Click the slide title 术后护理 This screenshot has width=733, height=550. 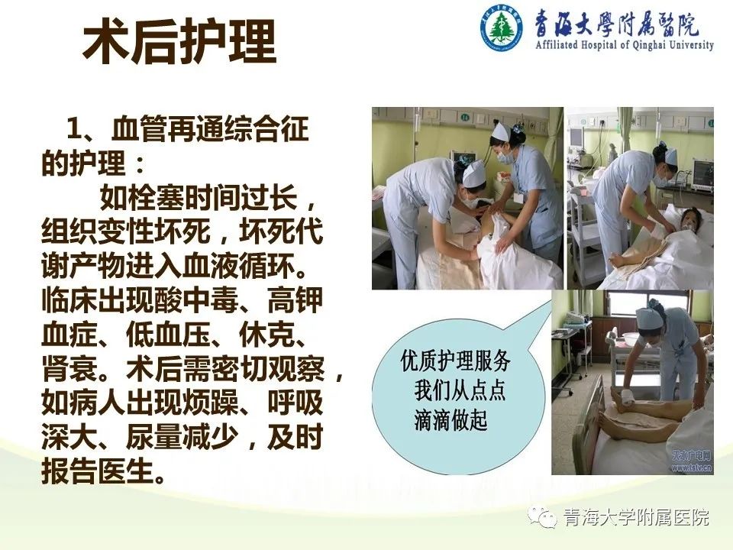[x=179, y=42]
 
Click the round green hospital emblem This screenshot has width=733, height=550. [x=502, y=27]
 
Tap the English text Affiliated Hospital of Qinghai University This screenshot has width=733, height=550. [x=625, y=45]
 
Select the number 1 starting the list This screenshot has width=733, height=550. [x=76, y=128]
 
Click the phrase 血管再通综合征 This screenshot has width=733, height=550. [x=210, y=128]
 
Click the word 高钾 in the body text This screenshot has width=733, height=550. [x=295, y=301]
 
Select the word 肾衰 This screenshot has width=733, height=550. [x=69, y=370]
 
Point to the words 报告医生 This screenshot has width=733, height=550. [x=98, y=471]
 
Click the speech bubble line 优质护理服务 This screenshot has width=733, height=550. [x=455, y=361]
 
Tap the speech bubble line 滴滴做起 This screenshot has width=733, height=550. [x=450, y=419]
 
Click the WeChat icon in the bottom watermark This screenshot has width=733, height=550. [x=542, y=518]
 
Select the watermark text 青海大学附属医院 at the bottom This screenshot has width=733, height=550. [x=636, y=518]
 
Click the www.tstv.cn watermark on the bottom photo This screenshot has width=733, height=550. [x=693, y=467]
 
